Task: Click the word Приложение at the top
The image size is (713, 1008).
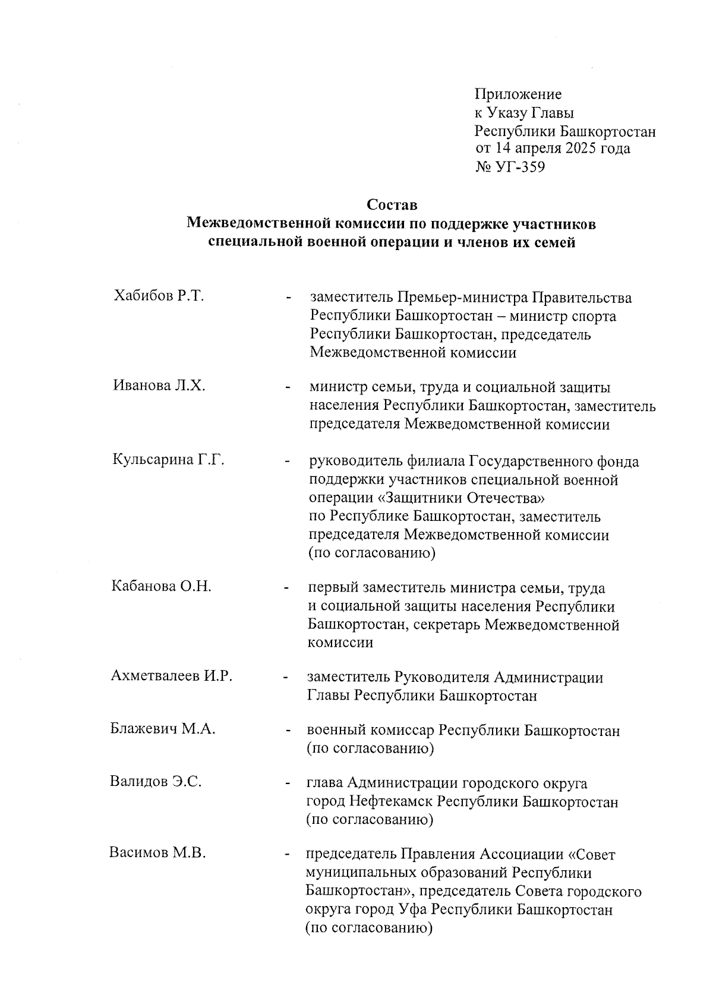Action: coord(518,94)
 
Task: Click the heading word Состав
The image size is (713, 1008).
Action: coord(392,206)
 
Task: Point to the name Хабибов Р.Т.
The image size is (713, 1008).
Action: coord(159,296)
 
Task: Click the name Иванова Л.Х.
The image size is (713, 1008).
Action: coord(159,386)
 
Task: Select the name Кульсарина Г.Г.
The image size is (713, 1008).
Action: coord(168,460)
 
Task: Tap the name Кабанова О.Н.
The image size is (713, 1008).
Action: coord(161,587)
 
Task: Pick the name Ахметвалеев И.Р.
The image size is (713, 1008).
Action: coord(171,676)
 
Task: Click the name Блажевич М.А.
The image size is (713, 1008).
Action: coord(162,729)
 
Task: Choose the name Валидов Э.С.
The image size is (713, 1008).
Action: coord(156,782)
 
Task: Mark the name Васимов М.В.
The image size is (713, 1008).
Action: coord(157,854)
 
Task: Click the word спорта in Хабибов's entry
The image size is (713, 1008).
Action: coord(594,316)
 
